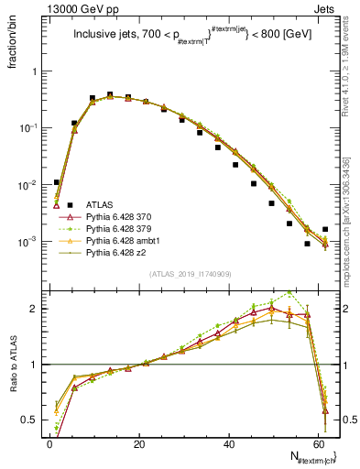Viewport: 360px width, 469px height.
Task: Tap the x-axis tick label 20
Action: pos(139,443)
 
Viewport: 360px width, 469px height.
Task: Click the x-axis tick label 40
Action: pos(229,443)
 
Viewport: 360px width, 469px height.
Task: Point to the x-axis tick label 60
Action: pos(319,443)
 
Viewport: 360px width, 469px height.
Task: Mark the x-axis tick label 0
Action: pos(49,443)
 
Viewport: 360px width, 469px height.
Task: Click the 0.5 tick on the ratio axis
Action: pos(32,420)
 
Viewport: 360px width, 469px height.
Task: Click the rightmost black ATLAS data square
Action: pos(325,229)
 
